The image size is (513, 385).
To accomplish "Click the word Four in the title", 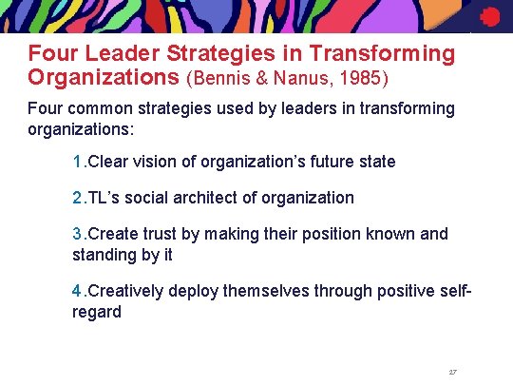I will pos(50,54).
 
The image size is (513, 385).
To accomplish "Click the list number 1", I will pos(77,162).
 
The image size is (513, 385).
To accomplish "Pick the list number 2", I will pos(77,198).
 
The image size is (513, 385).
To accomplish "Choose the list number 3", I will pos(77,234).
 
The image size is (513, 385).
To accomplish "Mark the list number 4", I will pos(77,291).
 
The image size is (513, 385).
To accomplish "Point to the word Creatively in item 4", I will pos(124,291).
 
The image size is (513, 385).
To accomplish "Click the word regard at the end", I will pos(97,312).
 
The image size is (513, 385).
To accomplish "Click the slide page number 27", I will pos(452,372).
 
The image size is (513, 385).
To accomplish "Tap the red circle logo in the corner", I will pos(489,16).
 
